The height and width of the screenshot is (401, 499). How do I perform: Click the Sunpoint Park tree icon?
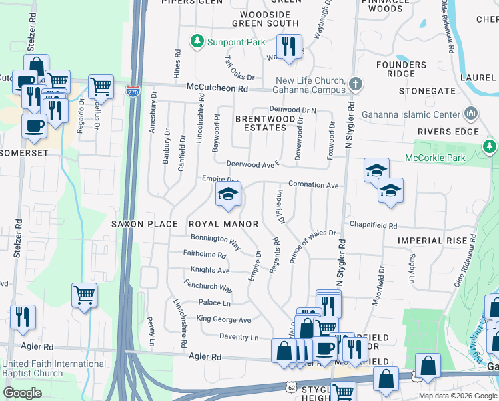[x=197, y=42]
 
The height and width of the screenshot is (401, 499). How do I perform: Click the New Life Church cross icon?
[x=356, y=84]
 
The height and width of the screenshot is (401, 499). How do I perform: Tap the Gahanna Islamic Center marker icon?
[x=472, y=113]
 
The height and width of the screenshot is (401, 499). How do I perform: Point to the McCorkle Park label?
[x=438, y=158]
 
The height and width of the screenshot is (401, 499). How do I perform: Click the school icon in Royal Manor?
[x=227, y=195]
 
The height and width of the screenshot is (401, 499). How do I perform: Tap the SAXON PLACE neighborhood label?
[x=144, y=224]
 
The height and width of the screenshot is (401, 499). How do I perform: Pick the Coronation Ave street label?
[x=313, y=185]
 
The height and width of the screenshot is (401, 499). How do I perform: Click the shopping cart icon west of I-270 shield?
[x=100, y=86]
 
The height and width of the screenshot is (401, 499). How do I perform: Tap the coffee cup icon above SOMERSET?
[x=34, y=125]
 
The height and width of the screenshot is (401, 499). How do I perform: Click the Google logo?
[x=23, y=393]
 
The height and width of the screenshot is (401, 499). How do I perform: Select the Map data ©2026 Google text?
[x=457, y=396]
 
